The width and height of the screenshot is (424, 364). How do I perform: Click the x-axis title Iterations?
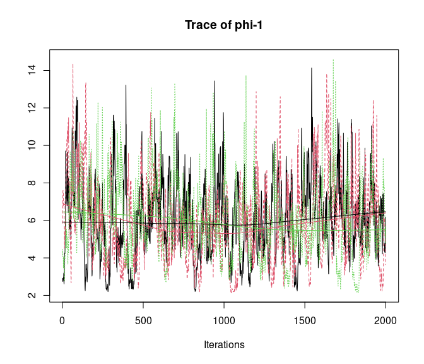224,345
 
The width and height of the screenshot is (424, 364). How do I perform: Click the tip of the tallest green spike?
333,59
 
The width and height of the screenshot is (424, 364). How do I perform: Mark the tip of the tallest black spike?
311,68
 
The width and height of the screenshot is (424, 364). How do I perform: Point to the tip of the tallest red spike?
73,64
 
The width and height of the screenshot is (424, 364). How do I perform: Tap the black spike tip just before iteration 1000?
215,81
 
